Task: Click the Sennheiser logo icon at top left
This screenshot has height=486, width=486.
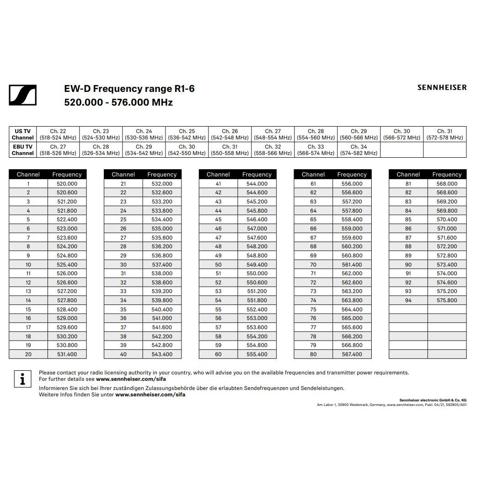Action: click(x=22, y=95)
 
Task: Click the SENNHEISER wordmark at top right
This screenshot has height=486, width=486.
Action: click(x=442, y=87)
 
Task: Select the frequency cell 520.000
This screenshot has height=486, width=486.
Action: click(x=67, y=184)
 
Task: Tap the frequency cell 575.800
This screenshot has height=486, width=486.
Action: click(x=447, y=300)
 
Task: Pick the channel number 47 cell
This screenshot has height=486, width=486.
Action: click(x=218, y=238)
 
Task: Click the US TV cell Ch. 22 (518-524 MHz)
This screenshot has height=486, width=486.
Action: click(x=58, y=134)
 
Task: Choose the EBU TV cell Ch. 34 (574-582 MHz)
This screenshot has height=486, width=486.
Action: click(x=358, y=150)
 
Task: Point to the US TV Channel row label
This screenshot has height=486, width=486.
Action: click(x=22, y=134)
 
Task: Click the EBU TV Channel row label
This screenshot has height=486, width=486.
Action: click(x=22, y=150)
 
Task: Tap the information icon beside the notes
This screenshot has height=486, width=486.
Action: click(x=22, y=379)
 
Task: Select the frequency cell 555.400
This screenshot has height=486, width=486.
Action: click(x=257, y=354)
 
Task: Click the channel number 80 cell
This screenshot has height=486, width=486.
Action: click(x=313, y=354)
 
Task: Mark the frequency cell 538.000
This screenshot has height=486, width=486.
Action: click(x=162, y=273)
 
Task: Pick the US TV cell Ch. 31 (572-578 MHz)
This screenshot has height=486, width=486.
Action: click(x=444, y=134)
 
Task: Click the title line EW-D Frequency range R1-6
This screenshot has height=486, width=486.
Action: click(x=129, y=88)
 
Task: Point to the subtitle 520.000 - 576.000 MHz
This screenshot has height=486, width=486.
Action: click(x=118, y=102)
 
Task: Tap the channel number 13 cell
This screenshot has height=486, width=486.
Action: click(x=28, y=291)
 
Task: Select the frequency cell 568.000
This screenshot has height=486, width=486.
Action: click(x=447, y=184)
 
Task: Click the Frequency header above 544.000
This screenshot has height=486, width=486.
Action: click(x=257, y=174)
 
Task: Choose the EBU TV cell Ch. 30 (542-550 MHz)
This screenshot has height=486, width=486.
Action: click(x=187, y=150)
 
